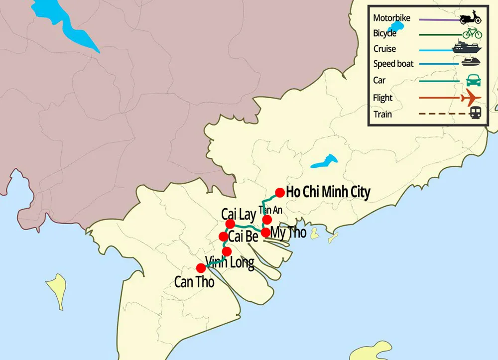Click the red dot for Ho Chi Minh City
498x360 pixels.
280,192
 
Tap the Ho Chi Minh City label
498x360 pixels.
328,192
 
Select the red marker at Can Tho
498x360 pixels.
201,268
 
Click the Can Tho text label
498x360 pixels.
194,282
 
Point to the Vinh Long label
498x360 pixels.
230,262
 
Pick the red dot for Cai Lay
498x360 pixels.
230,224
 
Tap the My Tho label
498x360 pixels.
288,233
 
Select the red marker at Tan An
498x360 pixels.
267,220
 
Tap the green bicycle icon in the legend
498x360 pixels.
472,33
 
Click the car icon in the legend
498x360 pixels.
473,80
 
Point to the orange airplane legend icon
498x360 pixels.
471,98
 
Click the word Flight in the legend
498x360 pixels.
383,98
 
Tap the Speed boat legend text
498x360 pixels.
392,64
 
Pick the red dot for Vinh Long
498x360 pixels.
227,251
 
